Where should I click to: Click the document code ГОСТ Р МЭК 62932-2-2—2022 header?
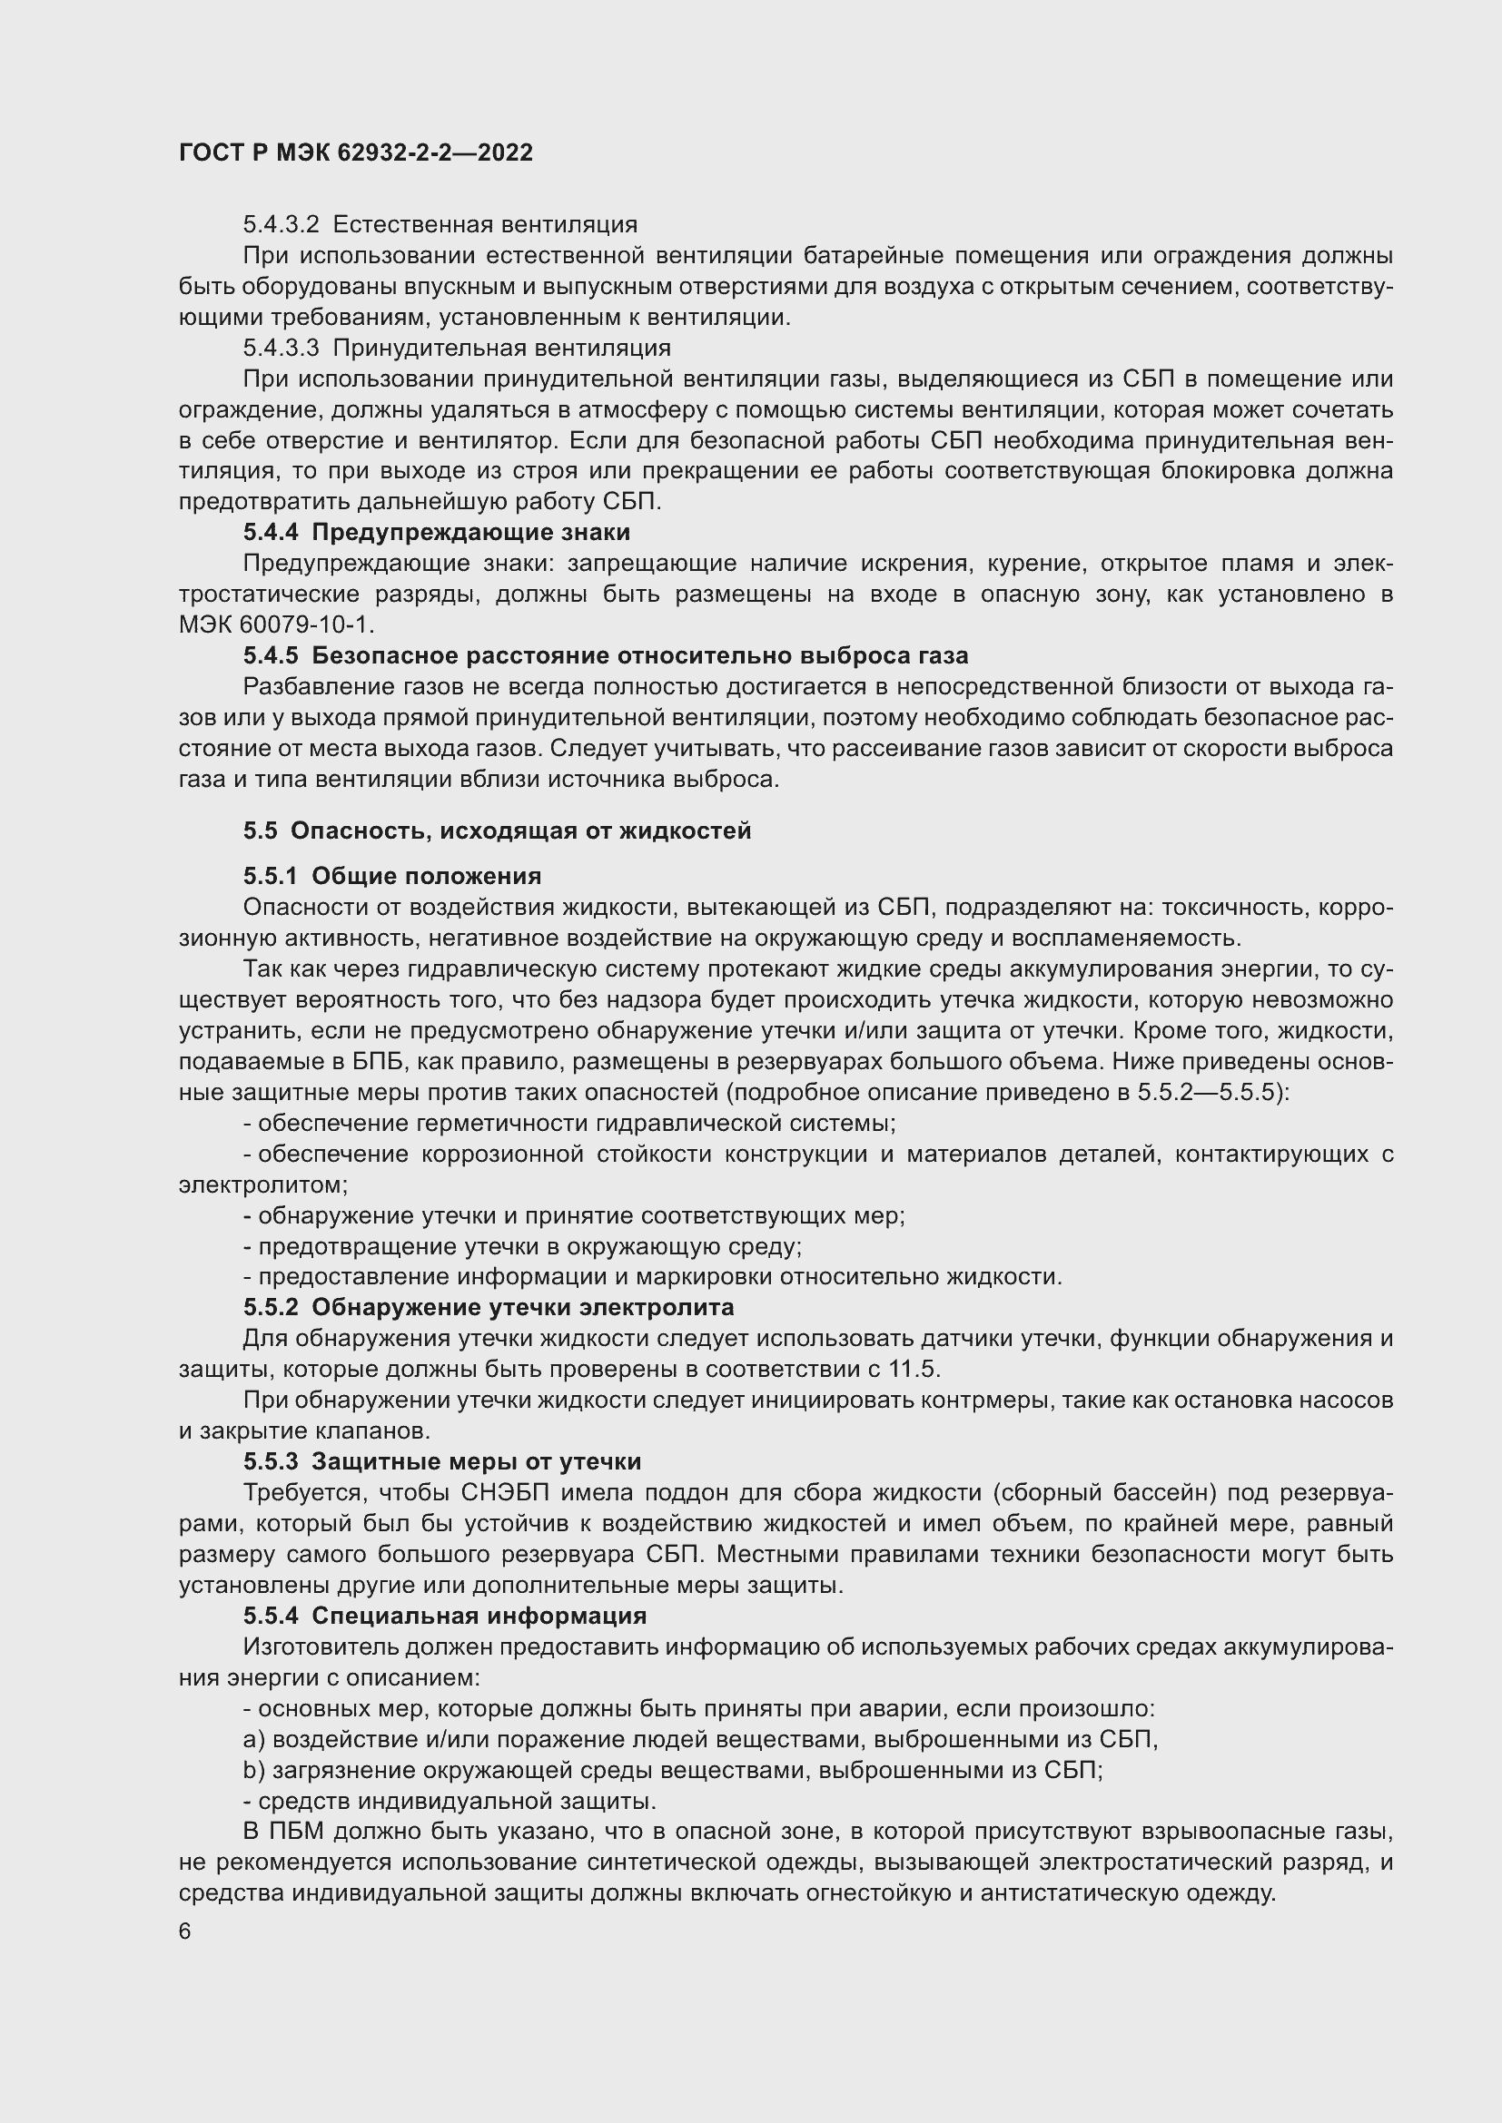pos(355,152)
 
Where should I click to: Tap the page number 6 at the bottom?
pos(185,1931)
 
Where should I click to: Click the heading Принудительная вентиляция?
pos(501,348)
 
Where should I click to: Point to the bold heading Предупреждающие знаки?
pos(470,532)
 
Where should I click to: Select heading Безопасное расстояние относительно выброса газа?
pos(640,655)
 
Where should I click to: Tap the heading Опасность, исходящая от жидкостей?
pos(520,831)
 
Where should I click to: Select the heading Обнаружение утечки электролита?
pos(522,1307)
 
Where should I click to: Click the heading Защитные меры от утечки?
pos(477,1462)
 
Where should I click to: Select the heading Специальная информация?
pos(479,1616)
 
